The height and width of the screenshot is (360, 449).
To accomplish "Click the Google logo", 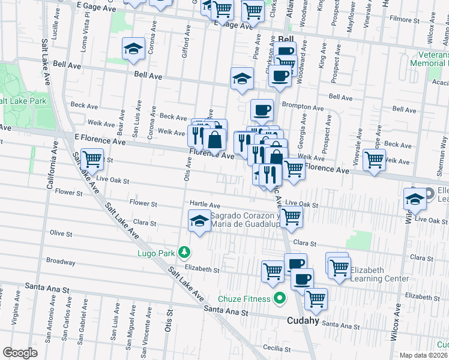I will coord(20,353).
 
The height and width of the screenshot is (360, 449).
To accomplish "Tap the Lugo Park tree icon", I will coord(187,253).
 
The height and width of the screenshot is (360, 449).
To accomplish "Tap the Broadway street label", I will coord(61,262).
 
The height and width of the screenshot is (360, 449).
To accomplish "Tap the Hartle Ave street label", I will coord(205,205).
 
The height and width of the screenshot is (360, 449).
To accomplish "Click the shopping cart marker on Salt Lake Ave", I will coord(93,159).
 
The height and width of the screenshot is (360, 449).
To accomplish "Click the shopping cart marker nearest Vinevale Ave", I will coord(374,160).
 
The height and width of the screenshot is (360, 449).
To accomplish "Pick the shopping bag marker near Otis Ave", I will coord(214,139).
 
